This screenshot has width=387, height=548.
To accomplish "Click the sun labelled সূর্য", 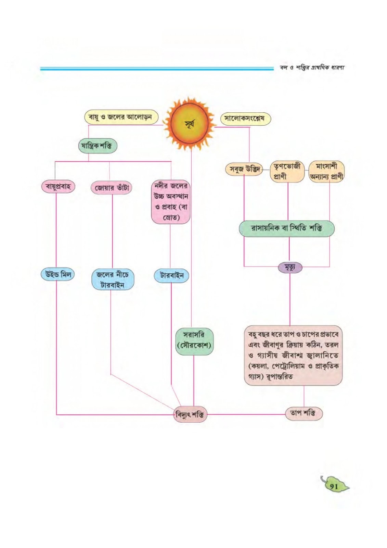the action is (x=190, y=124).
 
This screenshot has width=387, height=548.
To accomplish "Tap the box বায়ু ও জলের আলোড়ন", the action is (x=121, y=117).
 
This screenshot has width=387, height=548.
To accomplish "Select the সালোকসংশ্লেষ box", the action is (x=246, y=119).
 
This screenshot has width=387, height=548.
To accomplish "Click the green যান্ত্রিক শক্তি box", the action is (x=98, y=146).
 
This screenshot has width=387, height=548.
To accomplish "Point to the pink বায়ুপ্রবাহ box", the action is (x=58, y=187).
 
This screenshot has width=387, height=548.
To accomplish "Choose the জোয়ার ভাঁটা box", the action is (x=112, y=188).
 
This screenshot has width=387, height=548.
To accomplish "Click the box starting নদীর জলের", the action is (x=171, y=202).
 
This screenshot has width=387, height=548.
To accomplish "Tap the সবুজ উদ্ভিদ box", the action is (x=244, y=169).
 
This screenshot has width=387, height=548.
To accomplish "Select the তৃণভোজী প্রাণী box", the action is (x=287, y=171).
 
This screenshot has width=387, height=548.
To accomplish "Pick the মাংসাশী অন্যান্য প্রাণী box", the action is (x=327, y=171).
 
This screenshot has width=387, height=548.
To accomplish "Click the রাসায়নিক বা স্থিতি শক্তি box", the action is (x=286, y=228).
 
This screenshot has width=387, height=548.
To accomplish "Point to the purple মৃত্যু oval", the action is (x=290, y=267).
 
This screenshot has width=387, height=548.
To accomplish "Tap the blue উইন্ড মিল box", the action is (x=58, y=274).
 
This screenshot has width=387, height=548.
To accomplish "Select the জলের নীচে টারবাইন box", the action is (x=113, y=279).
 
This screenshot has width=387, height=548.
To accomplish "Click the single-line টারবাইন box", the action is (x=171, y=276).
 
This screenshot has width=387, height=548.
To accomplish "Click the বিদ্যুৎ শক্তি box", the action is (x=190, y=414).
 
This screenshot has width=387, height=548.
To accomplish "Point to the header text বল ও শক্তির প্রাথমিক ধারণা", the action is (x=312, y=67).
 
